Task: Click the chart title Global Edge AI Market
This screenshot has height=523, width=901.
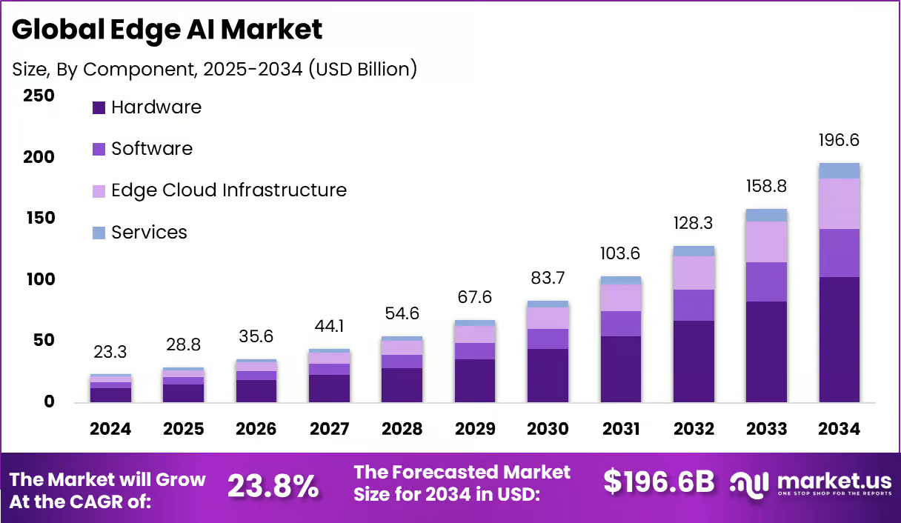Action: [167, 30]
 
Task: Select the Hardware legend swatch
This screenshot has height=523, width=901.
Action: [99, 107]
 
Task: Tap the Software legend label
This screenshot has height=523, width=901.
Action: [152, 149]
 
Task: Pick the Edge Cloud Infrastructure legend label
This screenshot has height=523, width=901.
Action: [229, 190]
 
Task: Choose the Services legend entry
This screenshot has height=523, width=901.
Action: [140, 233]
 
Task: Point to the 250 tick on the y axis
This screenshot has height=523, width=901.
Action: [39, 96]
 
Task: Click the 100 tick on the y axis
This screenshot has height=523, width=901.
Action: [41, 279]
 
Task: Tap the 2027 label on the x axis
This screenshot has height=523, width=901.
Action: [329, 428]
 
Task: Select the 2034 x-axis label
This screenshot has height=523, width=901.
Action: [839, 428]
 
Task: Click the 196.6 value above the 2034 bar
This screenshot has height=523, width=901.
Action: [839, 140]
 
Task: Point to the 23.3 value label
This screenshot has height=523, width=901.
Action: [110, 352]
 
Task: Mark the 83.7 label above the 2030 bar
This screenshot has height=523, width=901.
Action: [548, 278]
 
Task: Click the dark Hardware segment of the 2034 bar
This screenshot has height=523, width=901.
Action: [840, 340]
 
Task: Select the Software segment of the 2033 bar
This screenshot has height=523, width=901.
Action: [767, 282]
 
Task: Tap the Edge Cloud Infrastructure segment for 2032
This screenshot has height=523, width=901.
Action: [694, 273]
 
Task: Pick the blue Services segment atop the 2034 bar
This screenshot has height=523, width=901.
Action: [840, 171]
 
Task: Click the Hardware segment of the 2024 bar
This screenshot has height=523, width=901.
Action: [110, 395]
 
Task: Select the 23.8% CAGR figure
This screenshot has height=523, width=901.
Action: [273, 487]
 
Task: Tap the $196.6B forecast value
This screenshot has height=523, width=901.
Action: [659, 482]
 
